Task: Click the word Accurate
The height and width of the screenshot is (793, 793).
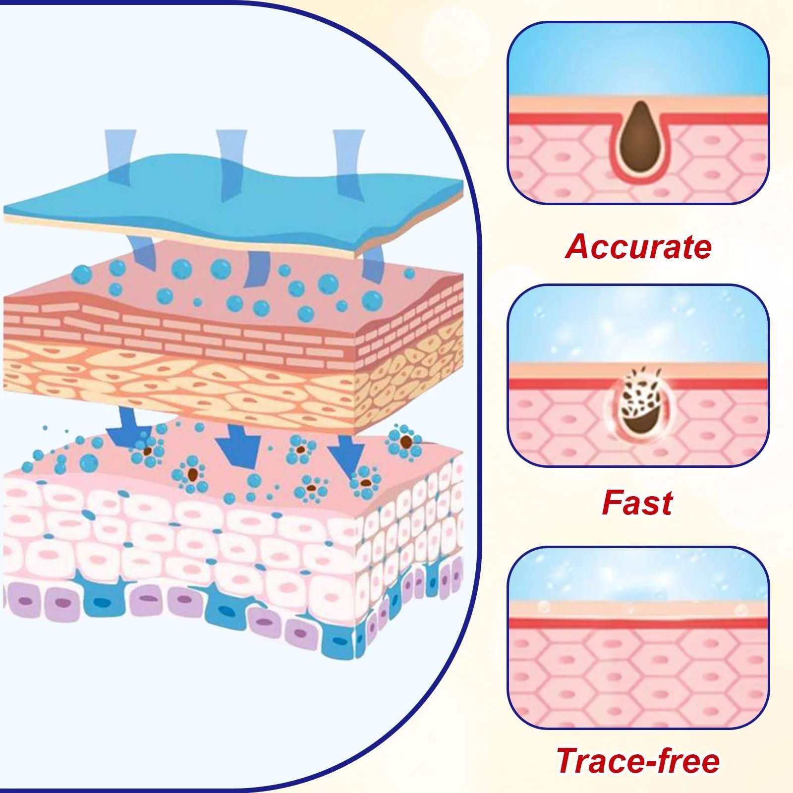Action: (x=638, y=246)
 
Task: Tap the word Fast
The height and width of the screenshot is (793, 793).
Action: (x=637, y=503)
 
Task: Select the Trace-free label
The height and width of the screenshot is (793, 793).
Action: (x=638, y=761)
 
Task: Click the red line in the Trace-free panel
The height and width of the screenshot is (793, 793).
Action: (x=638, y=623)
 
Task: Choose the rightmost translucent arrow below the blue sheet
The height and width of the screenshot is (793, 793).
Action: (x=373, y=263)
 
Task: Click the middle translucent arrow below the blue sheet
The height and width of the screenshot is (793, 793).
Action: (x=258, y=268)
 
